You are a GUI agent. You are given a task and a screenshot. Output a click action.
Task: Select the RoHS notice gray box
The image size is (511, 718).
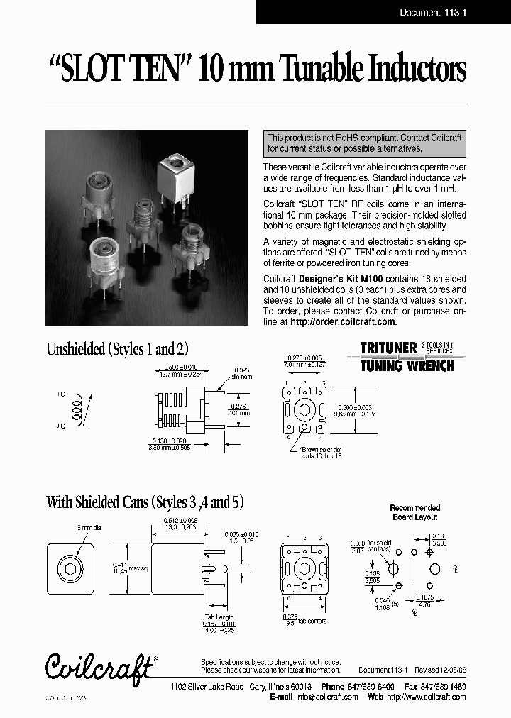(364, 143)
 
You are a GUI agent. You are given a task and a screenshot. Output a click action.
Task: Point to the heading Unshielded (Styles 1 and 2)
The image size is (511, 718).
(117, 348)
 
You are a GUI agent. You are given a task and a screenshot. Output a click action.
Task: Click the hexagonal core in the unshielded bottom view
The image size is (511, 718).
(305, 411)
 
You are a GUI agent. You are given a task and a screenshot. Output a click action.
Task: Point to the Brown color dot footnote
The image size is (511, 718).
(321, 453)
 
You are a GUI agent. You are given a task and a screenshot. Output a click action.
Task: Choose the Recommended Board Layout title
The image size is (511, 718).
(415, 512)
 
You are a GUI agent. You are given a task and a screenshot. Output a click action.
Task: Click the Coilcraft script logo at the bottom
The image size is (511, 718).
(99, 665)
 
